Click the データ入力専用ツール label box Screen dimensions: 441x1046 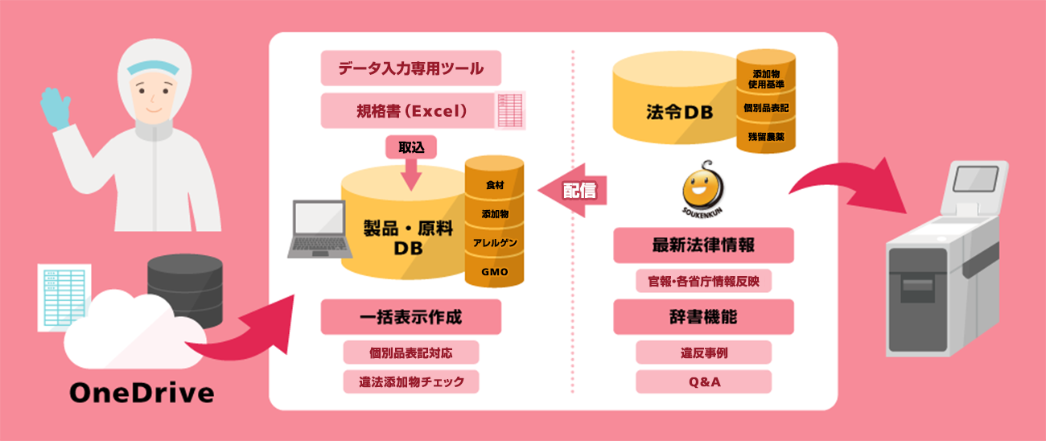410,68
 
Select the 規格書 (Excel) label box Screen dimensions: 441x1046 410,110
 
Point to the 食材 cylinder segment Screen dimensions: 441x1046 494,184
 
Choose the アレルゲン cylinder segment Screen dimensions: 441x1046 494,242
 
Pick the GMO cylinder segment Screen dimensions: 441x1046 494,272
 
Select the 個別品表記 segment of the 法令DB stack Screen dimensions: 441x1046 765,107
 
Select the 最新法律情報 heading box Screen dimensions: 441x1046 703,245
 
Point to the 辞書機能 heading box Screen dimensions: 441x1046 703,317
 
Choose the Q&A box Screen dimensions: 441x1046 703,381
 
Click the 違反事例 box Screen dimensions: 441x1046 703,352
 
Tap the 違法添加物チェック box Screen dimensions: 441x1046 410,381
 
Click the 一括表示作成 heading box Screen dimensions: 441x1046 410,317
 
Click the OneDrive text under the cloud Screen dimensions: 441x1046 142,393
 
